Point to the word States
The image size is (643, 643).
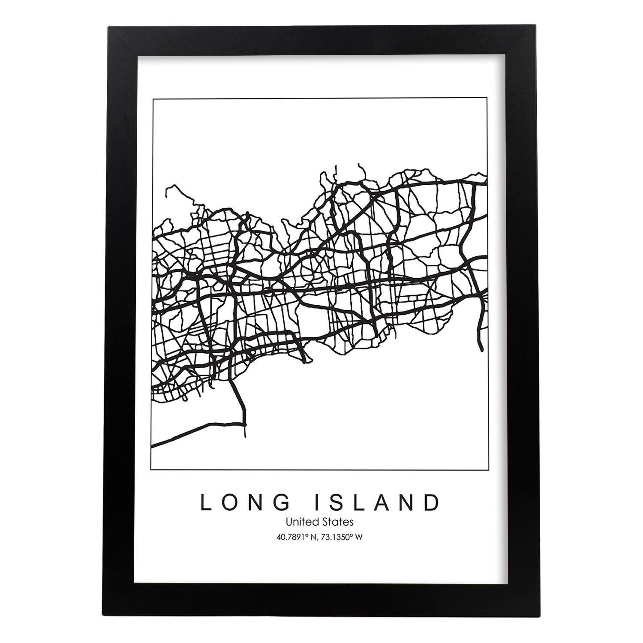pyautogui.click(x=340, y=522)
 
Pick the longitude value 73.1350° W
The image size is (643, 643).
pyautogui.click(x=342, y=537)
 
